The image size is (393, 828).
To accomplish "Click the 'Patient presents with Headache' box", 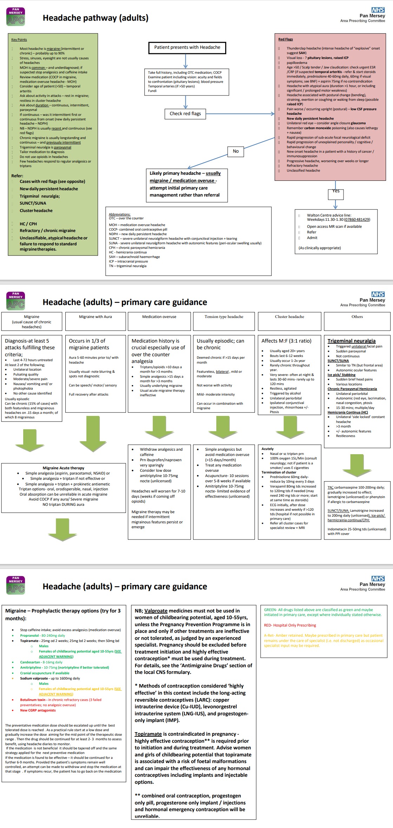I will pos(187,47).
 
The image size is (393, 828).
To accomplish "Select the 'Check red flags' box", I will pos(185,114).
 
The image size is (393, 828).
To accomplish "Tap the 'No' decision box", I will pos(236,151).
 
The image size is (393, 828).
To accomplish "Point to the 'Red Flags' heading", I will pos(285,39).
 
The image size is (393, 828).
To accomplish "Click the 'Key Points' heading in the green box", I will pos(19,40).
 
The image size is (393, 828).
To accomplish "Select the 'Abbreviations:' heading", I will pos(119,214).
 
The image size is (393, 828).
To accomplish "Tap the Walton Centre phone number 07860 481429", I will pos(357,220).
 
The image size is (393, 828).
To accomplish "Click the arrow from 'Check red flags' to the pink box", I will pos(241,114).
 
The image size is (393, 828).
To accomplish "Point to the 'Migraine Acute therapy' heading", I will pos(64,468).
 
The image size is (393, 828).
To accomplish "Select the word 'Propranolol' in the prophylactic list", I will pos(30,635).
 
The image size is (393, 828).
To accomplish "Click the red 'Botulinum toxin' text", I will pos(33,700).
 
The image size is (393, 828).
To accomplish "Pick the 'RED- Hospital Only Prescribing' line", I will pos(290,625).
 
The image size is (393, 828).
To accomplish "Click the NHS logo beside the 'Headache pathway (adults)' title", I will pos(378,10).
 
